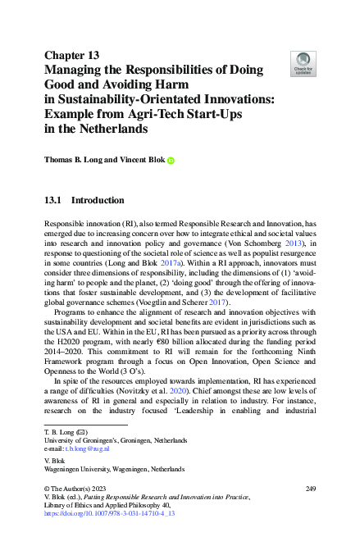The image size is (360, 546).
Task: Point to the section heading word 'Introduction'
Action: (x=98, y=200)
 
